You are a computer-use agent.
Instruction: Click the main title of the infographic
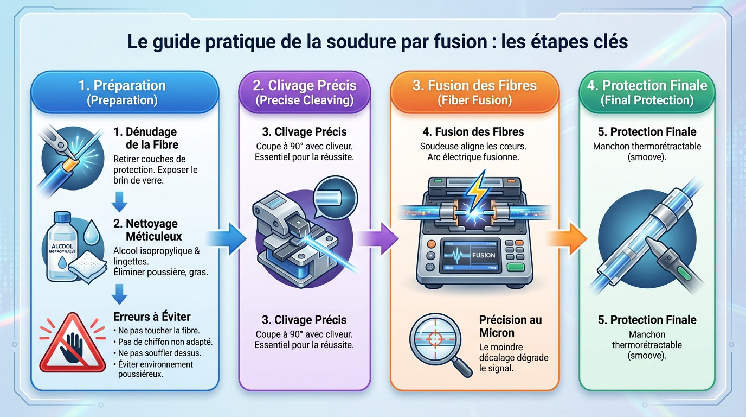pos(378,42)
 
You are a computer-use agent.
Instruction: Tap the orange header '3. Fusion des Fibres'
pos(474,92)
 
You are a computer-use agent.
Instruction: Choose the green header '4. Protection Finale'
pos(647,92)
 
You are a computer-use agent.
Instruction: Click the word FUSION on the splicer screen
pos(483,255)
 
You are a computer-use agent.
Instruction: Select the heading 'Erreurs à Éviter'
pos(152,317)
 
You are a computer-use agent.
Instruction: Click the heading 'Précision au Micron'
pos(510,326)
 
